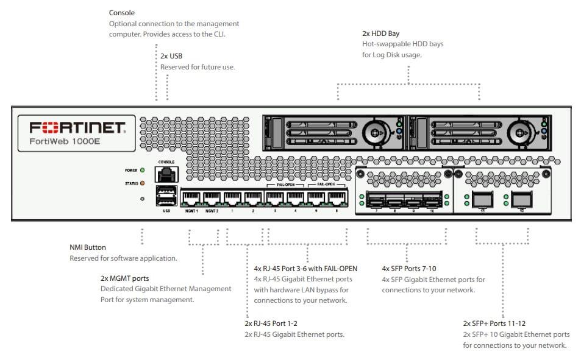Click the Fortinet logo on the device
tap(77, 127)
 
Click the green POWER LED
tap(142, 171)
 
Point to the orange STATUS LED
tap(142, 183)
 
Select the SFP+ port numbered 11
tap(483, 199)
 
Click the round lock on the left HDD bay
tap(374, 131)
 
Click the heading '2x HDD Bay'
tap(380, 34)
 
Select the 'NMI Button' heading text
tap(88, 247)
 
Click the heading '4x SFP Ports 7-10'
tap(409, 268)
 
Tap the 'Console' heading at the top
tap(122, 13)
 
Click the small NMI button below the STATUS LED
tap(142, 199)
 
